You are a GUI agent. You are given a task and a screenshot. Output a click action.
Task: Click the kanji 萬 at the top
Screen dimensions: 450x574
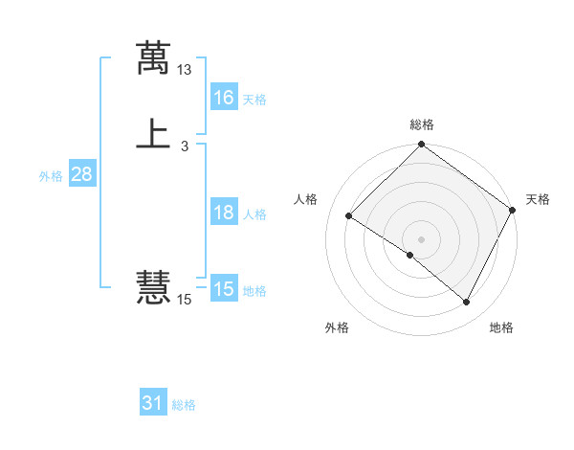coord(153,58)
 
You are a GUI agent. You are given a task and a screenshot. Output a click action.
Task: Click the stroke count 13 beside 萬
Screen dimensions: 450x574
coord(185,70)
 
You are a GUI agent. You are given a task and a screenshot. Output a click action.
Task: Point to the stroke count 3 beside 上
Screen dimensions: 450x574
coord(185,146)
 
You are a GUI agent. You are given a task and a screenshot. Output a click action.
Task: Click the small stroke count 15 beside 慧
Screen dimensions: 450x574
coord(185,300)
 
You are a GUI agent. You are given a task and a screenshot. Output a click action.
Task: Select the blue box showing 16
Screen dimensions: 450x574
coord(224,98)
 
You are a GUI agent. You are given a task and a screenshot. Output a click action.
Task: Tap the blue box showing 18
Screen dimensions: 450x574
coord(224,213)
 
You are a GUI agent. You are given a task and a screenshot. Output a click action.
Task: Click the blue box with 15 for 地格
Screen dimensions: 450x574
coord(224,289)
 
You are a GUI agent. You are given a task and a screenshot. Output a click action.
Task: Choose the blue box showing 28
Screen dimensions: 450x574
coord(82,174)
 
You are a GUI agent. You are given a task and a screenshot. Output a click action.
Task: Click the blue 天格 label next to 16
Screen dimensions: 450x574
coord(254,100)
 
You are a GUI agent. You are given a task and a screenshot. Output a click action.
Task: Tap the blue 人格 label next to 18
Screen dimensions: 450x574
coord(254,214)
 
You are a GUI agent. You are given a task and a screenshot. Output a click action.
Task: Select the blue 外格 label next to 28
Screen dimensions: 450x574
coord(51,176)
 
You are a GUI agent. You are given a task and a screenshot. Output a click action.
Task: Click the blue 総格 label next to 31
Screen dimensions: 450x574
coord(184,405)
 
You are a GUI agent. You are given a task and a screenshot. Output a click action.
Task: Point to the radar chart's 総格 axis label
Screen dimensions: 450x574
coord(422,124)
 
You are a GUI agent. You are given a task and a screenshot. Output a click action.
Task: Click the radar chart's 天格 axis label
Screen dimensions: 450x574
coord(538,199)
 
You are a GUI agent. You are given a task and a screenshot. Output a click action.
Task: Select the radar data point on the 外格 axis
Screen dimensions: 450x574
coord(410,256)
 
